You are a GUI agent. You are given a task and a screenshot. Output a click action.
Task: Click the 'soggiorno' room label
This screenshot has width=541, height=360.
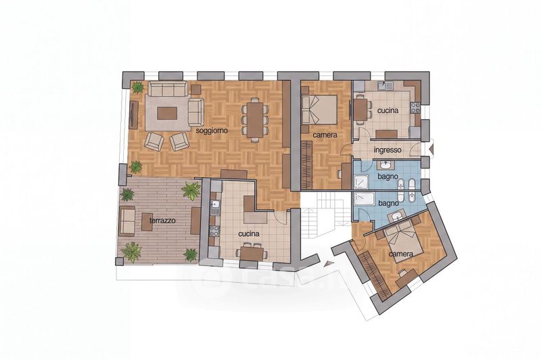click(x=212, y=131)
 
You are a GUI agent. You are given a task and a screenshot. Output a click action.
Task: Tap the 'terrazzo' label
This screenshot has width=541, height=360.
click(x=162, y=220)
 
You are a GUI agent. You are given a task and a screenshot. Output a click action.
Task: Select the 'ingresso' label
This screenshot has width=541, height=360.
click(x=387, y=150)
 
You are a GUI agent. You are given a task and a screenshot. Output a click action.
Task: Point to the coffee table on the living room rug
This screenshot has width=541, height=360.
click(x=167, y=113)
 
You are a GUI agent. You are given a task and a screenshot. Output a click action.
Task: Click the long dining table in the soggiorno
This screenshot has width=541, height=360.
click(x=255, y=119)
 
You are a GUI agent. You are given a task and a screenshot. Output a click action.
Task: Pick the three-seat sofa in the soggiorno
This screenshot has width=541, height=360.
click(x=168, y=89)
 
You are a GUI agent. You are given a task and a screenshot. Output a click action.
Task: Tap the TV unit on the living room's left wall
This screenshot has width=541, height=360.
click(x=133, y=115)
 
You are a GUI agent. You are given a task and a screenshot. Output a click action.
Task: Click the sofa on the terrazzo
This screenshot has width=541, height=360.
click(x=126, y=221)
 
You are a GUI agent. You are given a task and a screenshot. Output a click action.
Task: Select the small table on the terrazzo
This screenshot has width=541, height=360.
click(x=147, y=221)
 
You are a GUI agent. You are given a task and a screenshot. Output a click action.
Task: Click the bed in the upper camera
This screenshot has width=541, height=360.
click(x=319, y=110)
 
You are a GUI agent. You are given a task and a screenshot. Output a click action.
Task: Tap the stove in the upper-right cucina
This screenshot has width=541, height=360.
click(x=415, y=108)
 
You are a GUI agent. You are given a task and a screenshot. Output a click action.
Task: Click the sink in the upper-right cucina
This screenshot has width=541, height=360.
click(x=384, y=85)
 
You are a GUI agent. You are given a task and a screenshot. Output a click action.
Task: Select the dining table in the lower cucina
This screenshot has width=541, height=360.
click(x=252, y=254)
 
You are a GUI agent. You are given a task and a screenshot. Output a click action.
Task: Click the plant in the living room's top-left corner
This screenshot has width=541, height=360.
click(x=137, y=87)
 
